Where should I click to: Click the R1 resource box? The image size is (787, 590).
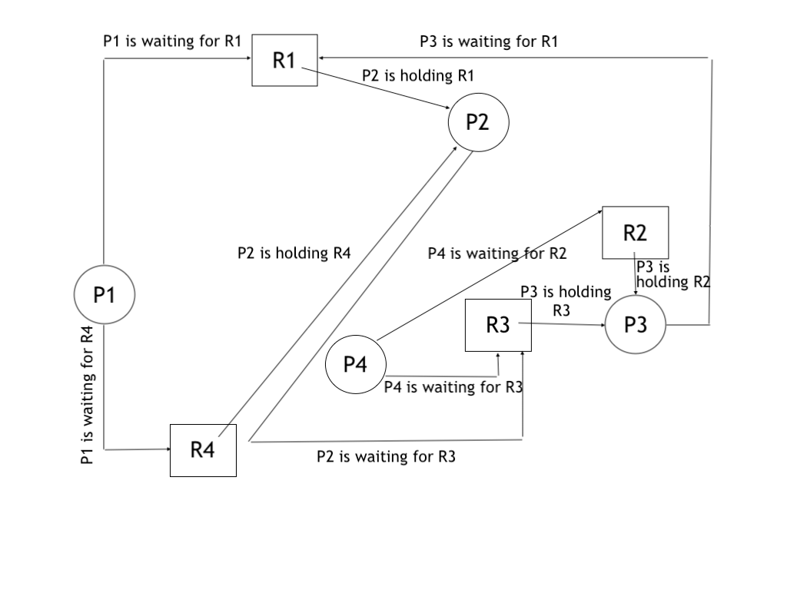[x=285, y=61]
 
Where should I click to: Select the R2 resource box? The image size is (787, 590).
[x=635, y=232]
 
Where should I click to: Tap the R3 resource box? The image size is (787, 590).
[x=498, y=325]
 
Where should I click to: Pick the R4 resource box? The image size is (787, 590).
[x=203, y=450]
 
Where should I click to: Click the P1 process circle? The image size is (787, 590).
[x=105, y=293]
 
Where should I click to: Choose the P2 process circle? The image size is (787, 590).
[x=478, y=122]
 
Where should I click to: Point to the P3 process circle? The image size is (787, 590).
[x=635, y=325]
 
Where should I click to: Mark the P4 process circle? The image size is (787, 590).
[x=355, y=365]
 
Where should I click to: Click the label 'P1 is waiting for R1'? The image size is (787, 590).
[x=172, y=41]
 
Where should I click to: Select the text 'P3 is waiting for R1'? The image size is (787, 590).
[x=489, y=41]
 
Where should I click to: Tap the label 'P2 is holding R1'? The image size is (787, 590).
[x=418, y=75]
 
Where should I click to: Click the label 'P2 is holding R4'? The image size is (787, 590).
[x=294, y=253]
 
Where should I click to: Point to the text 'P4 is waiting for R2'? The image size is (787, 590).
[x=497, y=253]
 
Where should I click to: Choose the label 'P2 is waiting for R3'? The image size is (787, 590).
[x=386, y=457]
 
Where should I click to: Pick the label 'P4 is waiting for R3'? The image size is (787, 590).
[x=453, y=387]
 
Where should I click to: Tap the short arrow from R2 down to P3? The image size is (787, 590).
[x=636, y=275]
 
